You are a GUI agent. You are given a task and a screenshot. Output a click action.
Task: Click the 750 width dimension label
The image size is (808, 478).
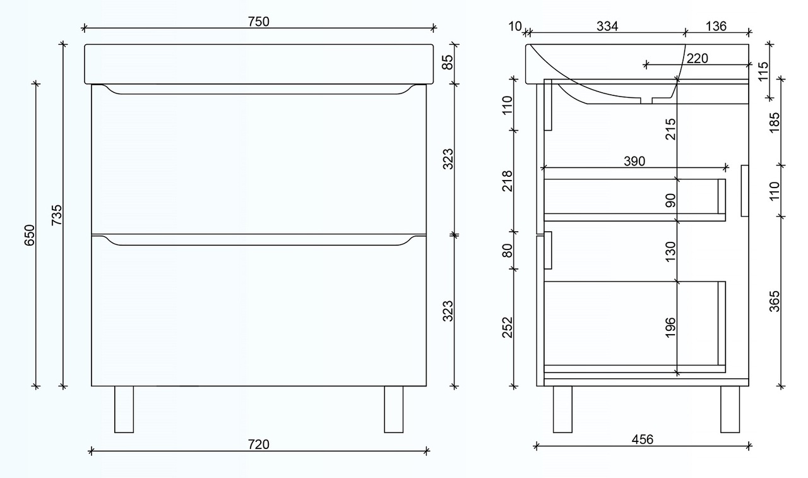(258, 21)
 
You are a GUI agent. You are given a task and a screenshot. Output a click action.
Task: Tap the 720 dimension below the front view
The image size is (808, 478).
(258, 444)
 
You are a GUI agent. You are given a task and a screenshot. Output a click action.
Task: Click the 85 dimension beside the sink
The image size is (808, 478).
(447, 63)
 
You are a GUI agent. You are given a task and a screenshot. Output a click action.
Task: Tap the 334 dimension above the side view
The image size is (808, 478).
(607, 26)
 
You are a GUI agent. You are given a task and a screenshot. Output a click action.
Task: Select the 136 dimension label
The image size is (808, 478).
(716, 26)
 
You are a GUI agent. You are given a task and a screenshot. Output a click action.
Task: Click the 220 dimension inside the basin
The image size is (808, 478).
(697, 58)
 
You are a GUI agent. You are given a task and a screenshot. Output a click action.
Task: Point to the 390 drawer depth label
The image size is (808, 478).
(634, 161)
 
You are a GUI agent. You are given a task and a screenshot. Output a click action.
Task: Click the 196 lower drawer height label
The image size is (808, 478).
(670, 327)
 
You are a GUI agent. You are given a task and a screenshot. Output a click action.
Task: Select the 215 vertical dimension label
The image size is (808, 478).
(670, 129)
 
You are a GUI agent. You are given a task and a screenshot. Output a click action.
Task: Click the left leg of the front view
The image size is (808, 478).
(124, 409)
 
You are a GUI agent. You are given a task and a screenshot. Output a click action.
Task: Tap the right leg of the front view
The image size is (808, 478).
(393, 409)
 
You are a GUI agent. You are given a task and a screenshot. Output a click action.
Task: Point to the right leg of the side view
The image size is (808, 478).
(730, 409)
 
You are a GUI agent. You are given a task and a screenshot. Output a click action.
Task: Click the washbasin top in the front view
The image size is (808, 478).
(259, 63)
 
